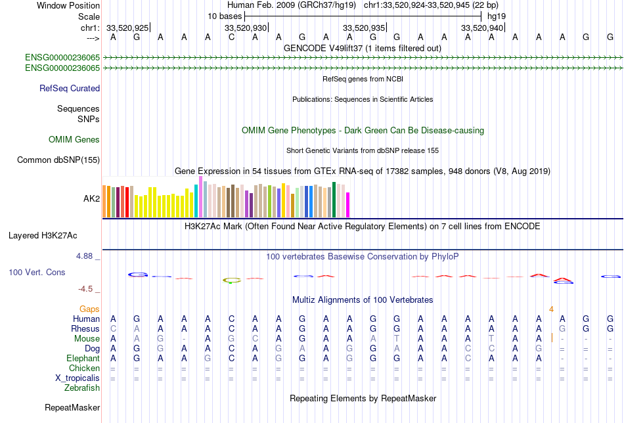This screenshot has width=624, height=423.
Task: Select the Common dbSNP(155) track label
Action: pyautogui.click(x=58, y=160)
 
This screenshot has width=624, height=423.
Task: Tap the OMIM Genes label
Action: pyautogui.click(x=74, y=140)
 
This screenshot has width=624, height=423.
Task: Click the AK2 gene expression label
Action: pyautogui.click(x=91, y=198)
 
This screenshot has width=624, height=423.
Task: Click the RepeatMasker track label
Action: pyautogui.click(x=72, y=408)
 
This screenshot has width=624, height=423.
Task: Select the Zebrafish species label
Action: pyautogui.click(x=82, y=388)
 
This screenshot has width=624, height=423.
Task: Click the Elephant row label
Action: pyautogui.click(x=83, y=359)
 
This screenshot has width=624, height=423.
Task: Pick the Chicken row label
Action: pyautogui.click(x=84, y=368)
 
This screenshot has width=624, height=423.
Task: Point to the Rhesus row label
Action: pyautogui.click(x=85, y=328)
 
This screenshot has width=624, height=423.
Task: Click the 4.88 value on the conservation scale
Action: pyautogui.click(x=86, y=256)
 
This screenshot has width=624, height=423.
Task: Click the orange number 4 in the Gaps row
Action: pyautogui.click(x=552, y=309)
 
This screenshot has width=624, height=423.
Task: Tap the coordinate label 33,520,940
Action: pyautogui.click(x=483, y=28)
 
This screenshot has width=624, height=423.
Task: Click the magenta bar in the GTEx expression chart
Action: pyautogui.click(x=348, y=204)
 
